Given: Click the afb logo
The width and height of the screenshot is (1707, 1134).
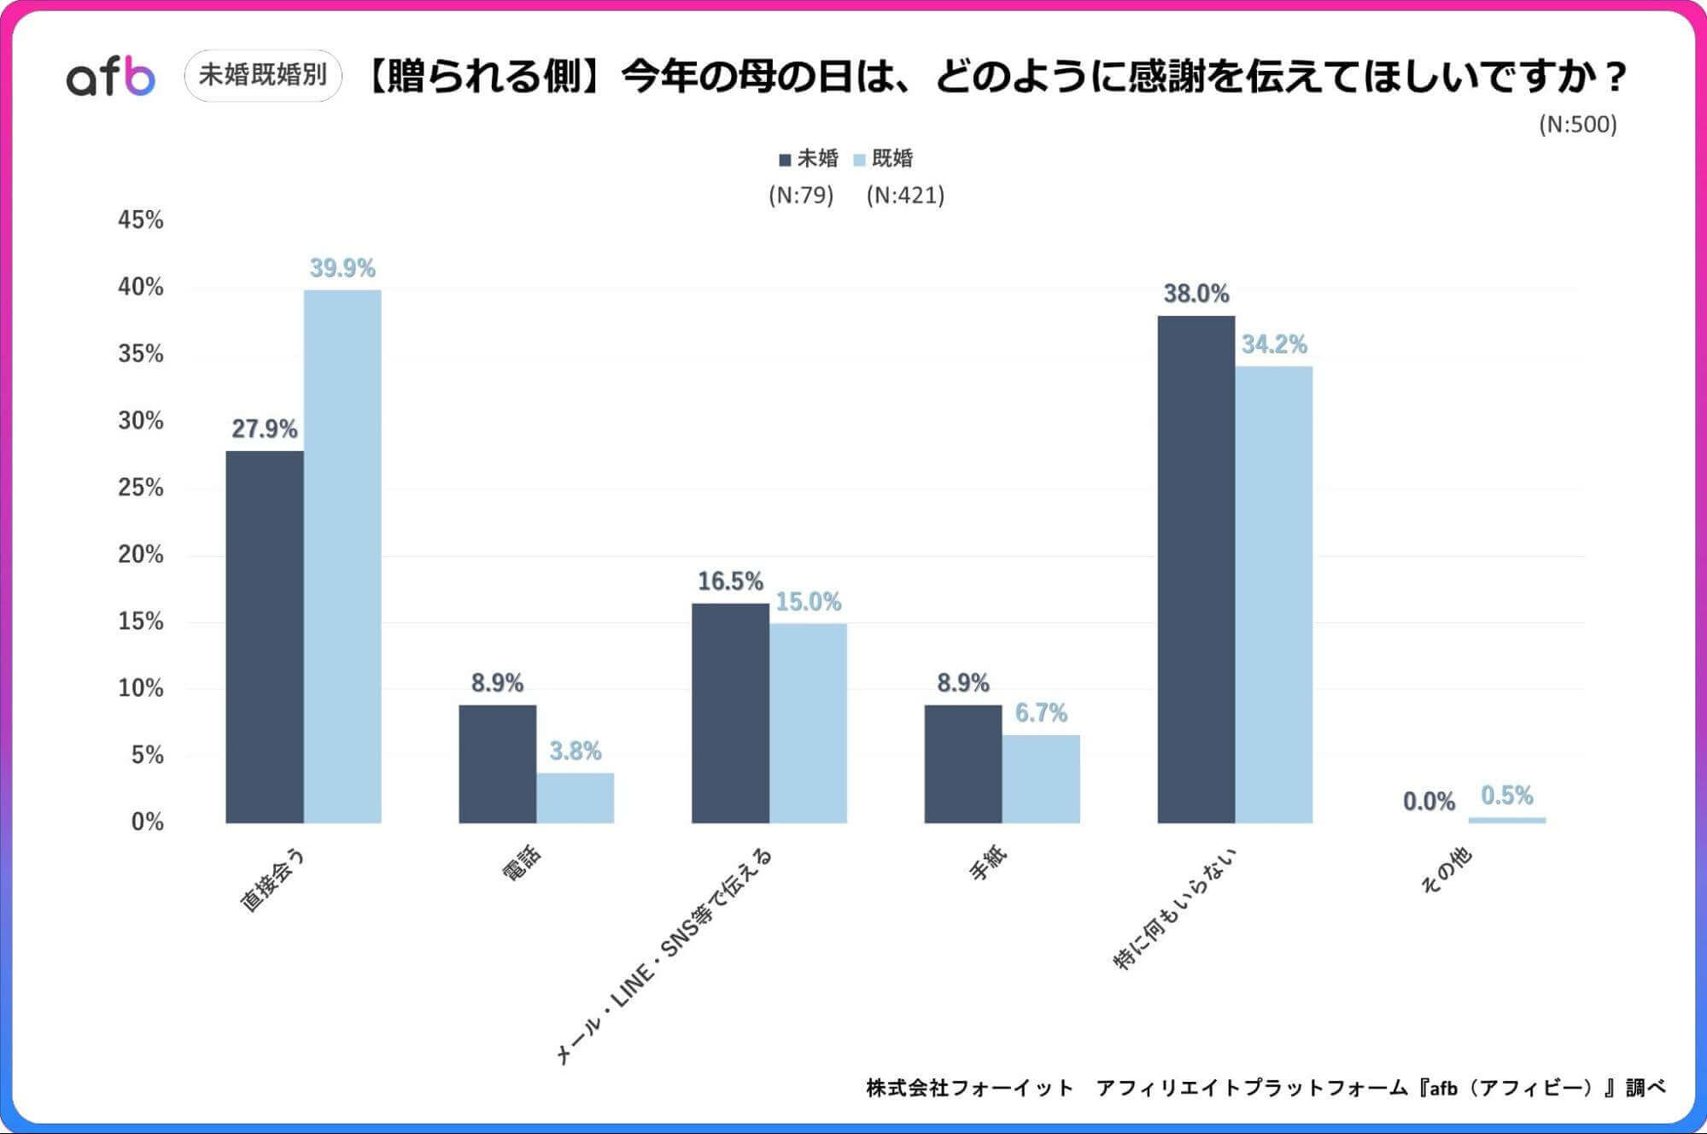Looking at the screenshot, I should point(111,77).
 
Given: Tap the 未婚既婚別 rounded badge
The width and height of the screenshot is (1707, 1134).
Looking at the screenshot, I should point(263,75).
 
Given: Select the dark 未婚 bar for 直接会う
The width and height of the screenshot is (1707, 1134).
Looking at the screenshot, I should point(265,636).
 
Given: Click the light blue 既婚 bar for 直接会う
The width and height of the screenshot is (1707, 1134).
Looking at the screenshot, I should point(342,555).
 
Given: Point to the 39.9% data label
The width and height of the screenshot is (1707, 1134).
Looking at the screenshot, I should point(342,268).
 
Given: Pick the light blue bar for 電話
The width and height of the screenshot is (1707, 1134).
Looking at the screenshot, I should point(575,798).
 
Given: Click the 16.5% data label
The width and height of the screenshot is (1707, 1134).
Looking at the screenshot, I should point(730,582).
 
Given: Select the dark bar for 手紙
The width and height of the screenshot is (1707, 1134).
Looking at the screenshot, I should point(962,763).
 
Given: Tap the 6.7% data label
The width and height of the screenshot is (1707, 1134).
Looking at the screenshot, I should point(1041,713).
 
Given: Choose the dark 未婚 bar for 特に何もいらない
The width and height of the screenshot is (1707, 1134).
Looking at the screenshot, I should point(1195,569).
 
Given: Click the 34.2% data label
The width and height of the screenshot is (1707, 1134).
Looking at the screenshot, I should point(1274,344).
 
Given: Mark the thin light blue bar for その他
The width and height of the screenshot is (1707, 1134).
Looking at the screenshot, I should point(1506,820).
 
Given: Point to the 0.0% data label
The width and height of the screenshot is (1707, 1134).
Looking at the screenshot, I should point(1429,801).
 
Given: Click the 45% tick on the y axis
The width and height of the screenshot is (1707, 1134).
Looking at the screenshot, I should point(141,220).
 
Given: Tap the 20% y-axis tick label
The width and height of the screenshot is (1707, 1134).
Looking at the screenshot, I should point(141,554).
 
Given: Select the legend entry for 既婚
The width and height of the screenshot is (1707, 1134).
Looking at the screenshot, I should point(884,159).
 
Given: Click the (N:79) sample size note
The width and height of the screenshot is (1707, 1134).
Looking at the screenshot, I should point(800,196).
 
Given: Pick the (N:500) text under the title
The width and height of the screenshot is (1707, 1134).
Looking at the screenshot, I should point(1577,125).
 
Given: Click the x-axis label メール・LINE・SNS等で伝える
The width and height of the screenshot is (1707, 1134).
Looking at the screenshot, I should point(666,956).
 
